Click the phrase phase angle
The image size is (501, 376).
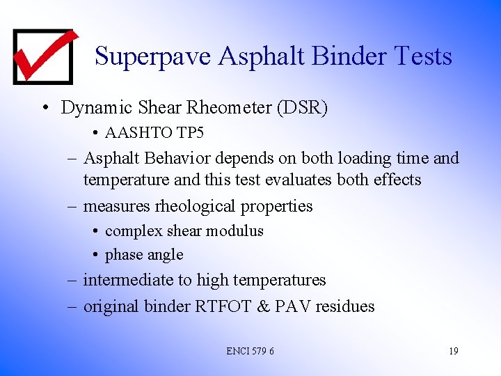coord(144,255)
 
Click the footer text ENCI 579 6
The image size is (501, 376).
coord(250,351)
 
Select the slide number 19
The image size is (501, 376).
coord(453,351)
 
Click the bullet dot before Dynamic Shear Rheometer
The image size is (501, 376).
coord(45,109)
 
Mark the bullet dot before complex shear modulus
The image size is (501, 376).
coord(95,231)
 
